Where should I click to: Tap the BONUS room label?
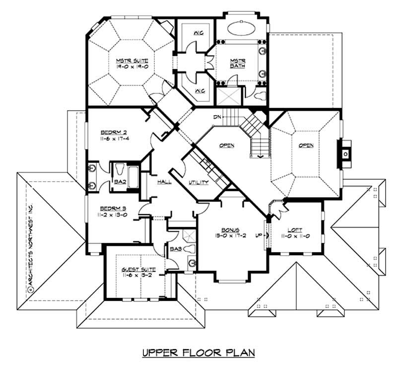[231, 230]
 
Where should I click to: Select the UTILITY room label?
[198, 183]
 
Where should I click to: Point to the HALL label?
[165, 182]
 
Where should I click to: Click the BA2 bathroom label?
[120, 182]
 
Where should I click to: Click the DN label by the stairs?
[216, 117]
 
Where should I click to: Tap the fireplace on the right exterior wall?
[344, 152]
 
